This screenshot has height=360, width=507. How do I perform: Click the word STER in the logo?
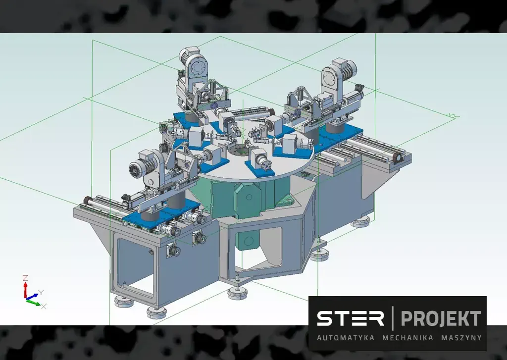tap(351, 318)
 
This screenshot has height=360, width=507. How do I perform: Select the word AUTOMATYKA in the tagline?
tap(346, 338)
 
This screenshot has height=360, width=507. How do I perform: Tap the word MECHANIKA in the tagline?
tap(408, 338)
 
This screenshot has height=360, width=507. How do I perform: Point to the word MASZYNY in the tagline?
tap(461, 338)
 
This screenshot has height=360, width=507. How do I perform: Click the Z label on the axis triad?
tap(25, 278)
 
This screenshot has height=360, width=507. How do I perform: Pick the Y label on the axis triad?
tap(41, 293)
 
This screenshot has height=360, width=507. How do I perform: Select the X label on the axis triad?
tap(44, 307)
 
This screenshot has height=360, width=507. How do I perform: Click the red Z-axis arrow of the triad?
tap(25, 290)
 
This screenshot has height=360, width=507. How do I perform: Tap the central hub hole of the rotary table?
tap(239, 151)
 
